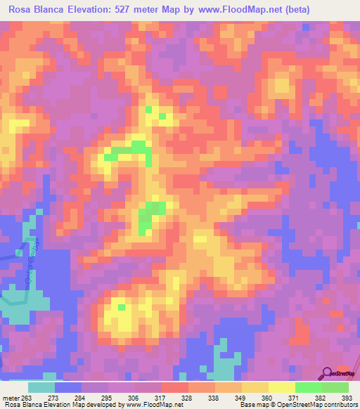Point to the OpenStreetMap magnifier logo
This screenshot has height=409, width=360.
click(x=328, y=372)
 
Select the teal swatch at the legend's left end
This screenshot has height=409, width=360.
click(x=41, y=387)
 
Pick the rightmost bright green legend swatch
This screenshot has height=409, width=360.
click(x=335, y=387)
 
